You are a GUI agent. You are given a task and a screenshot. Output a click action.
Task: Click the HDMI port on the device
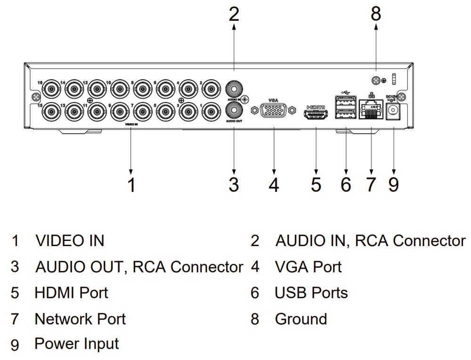pyautogui.click(x=316, y=114)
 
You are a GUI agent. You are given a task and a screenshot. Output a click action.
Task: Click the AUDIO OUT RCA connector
pyautogui.click(x=234, y=111)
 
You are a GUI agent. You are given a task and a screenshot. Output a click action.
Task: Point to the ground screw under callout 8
pyautogui.click(x=376, y=80)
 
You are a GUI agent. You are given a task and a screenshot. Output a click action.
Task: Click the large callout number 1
pyautogui.click(x=132, y=184)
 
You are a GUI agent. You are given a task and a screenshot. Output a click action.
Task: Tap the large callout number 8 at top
pyautogui.click(x=376, y=14)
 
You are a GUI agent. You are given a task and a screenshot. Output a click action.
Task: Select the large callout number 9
pyautogui.click(x=394, y=184)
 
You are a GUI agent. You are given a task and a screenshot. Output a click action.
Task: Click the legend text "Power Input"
pyautogui.click(x=77, y=344)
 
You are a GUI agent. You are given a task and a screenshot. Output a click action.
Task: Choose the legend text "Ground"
pyautogui.click(x=300, y=319)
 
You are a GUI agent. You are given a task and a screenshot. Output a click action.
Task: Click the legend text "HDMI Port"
pyautogui.click(x=71, y=293)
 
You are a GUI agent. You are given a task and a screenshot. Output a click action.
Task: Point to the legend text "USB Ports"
pyautogui.click(x=311, y=293)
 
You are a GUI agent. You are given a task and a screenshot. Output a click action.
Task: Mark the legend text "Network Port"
pyautogui.click(x=80, y=319)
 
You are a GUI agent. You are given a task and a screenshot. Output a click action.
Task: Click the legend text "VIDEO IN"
pyautogui.click(x=70, y=241)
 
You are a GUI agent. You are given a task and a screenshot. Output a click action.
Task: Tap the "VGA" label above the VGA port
pyautogui.click(x=274, y=100)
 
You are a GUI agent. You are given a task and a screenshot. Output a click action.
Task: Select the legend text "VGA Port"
pyautogui.click(x=308, y=267)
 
